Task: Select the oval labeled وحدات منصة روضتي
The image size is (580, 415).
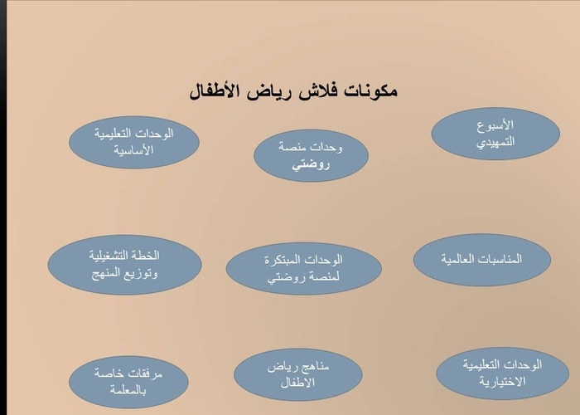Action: tap(310, 155)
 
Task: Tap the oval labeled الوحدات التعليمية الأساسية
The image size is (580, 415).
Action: tap(133, 140)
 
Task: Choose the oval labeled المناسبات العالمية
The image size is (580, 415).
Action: tap(482, 259)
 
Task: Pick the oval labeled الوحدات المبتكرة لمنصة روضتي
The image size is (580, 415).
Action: tap(303, 268)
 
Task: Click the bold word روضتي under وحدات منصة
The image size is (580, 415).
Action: tap(310, 164)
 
